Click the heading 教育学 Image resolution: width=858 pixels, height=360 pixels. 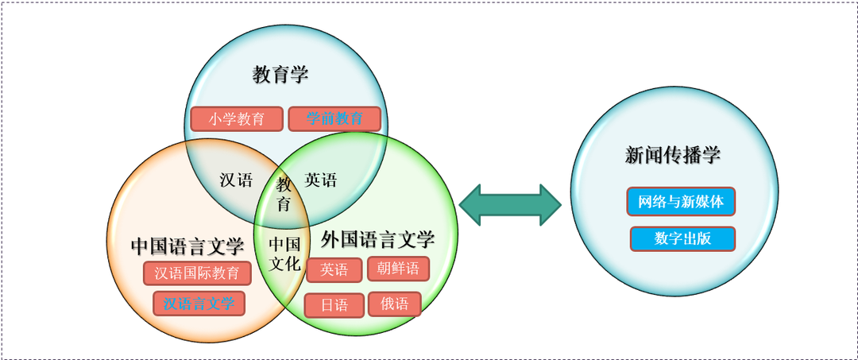click(x=280, y=75)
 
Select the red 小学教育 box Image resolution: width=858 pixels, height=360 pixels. click(x=237, y=119)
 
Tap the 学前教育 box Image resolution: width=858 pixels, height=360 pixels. click(x=334, y=119)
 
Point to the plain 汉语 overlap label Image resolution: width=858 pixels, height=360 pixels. click(x=236, y=180)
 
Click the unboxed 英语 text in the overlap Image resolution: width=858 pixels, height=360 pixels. click(x=321, y=180)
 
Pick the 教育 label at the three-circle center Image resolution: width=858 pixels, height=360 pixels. click(x=284, y=194)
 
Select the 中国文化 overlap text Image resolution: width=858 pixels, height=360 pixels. click(x=284, y=254)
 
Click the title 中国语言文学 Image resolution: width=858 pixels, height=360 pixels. click(x=187, y=246)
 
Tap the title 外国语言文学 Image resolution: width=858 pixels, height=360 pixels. click(x=378, y=238)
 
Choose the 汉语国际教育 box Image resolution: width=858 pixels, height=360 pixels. click(x=197, y=273)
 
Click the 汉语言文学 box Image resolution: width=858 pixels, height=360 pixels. click(x=199, y=303)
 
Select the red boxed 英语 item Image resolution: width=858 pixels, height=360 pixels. click(x=334, y=270)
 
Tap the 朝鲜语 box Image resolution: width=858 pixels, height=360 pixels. click(x=398, y=269)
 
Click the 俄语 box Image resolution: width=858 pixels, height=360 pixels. click(x=394, y=304)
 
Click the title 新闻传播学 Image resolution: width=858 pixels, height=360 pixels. click(x=673, y=156)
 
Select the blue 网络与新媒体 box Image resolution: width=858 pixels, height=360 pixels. click(x=681, y=202)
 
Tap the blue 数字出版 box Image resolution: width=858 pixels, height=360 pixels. click(x=682, y=238)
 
